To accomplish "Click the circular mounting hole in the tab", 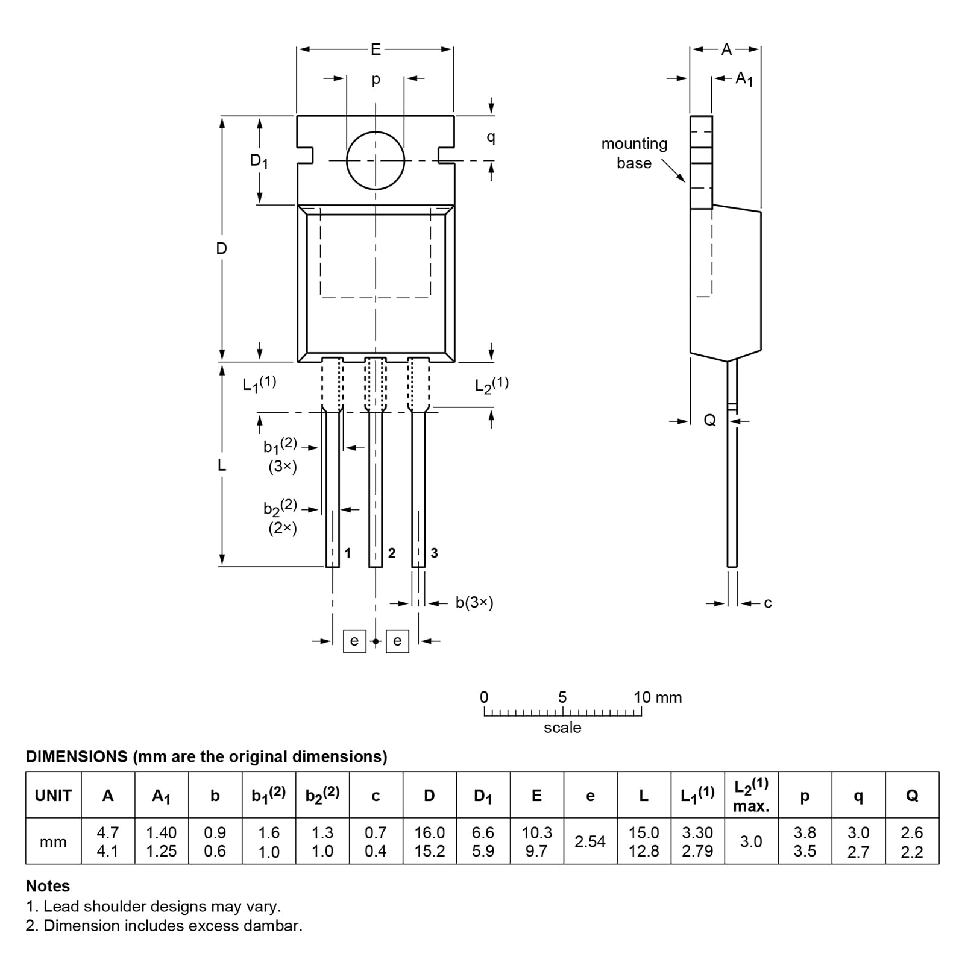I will coord(375,160).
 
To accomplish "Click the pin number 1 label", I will coord(348,553).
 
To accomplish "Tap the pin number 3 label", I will coord(434,553).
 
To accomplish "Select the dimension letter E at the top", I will coord(376,49).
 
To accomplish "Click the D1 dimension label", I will coord(259,161).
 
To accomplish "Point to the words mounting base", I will coord(634,153).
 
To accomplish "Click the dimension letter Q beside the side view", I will coord(710,421).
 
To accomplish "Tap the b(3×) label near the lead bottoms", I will coord(474,603).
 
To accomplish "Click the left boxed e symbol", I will coord(354,641).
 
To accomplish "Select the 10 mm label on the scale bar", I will coord(657,697).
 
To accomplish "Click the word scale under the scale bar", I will coord(562,728).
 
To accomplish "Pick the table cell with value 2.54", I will coord(590,841).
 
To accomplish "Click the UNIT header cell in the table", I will coord(53,796).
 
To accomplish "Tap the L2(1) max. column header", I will coord(751,795).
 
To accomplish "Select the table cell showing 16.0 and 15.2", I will coord(429,841).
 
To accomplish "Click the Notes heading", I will coord(48,886).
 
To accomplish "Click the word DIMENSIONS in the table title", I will coord(77,756).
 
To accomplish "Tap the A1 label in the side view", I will coord(744,78).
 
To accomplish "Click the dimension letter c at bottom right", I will coord(767,603).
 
